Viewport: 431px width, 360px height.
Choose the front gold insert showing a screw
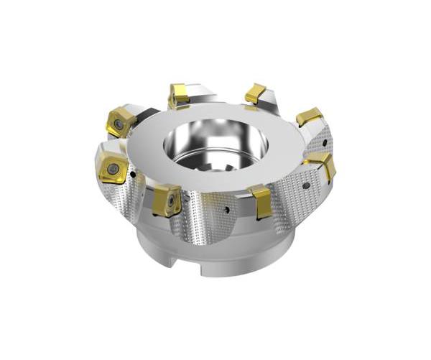[x=167, y=200]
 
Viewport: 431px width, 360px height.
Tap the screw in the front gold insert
[x=170, y=202]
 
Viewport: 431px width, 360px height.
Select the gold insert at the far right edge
[x=321, y=166]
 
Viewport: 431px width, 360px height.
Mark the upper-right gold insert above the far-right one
[x=310, y=116]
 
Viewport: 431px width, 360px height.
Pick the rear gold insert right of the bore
[x=255, y=93]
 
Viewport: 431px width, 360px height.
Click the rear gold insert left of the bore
[x=178, y=95]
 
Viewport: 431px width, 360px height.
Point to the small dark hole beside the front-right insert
[x=227, y=211]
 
